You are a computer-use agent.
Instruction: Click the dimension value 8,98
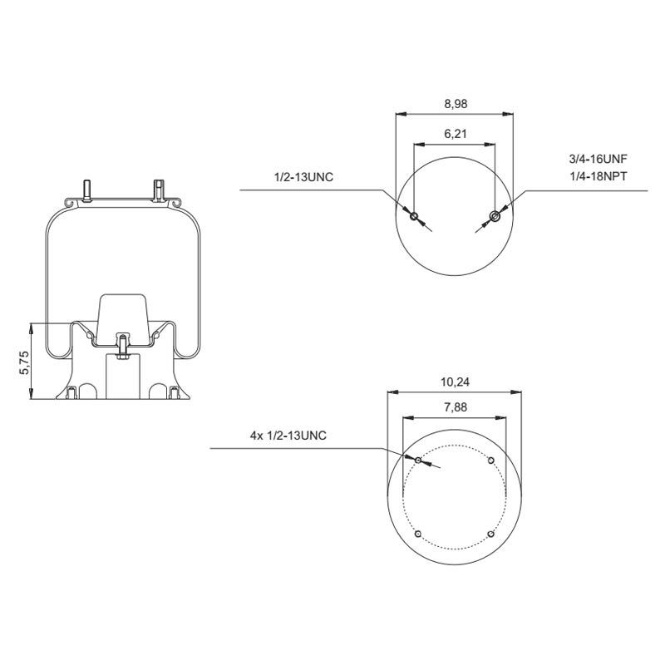tap(454, 104)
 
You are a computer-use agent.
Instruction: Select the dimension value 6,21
tap(454, 134)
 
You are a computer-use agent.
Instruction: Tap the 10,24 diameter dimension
tap(454, 382)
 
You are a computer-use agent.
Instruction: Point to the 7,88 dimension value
tap(454, 408)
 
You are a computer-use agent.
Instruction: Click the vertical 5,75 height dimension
tap(24, 362)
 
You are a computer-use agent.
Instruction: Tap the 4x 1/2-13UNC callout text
tap(287, 436)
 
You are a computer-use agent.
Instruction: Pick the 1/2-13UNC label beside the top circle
tap(303, 177)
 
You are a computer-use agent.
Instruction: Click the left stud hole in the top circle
tap(414, 216)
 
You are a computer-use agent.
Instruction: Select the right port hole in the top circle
tap(495, 216)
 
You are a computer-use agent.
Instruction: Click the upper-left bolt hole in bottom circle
tap(418, 461)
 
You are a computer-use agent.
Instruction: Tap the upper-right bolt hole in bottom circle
tap(491, 461)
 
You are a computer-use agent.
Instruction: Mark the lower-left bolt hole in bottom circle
tap(418, 534)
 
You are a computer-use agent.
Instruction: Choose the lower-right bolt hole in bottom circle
tap(491, 534)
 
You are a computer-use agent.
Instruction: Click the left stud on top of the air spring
tap(86, 190)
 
